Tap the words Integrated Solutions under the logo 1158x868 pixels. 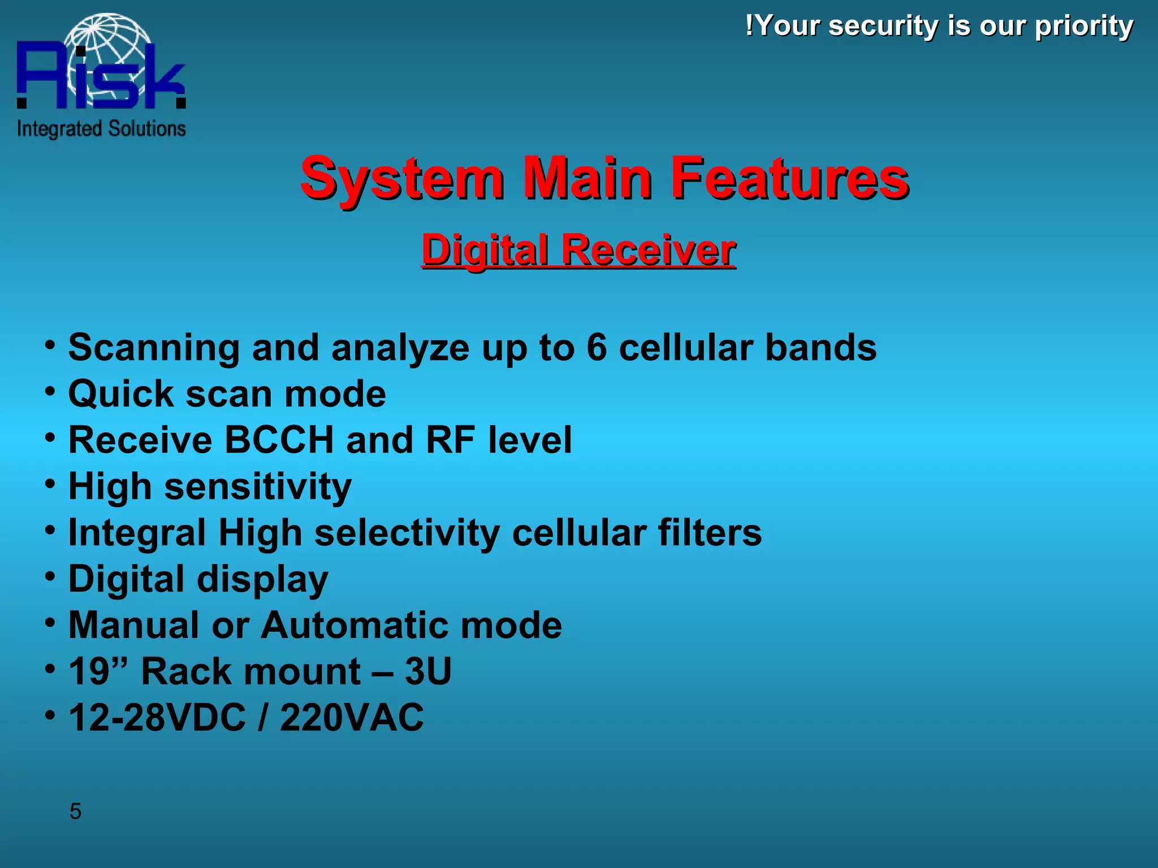point(101,129)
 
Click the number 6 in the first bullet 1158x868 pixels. point(597,347)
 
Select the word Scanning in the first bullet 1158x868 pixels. point(154,348)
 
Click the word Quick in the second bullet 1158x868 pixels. point(121,394)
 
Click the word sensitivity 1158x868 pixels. point(258,487)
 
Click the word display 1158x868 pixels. point(262,580)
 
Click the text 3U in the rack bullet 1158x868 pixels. point(428,671)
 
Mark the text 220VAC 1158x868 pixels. point(352,718)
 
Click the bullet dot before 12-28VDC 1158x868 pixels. point(50,715)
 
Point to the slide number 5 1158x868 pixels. point(75,811)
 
